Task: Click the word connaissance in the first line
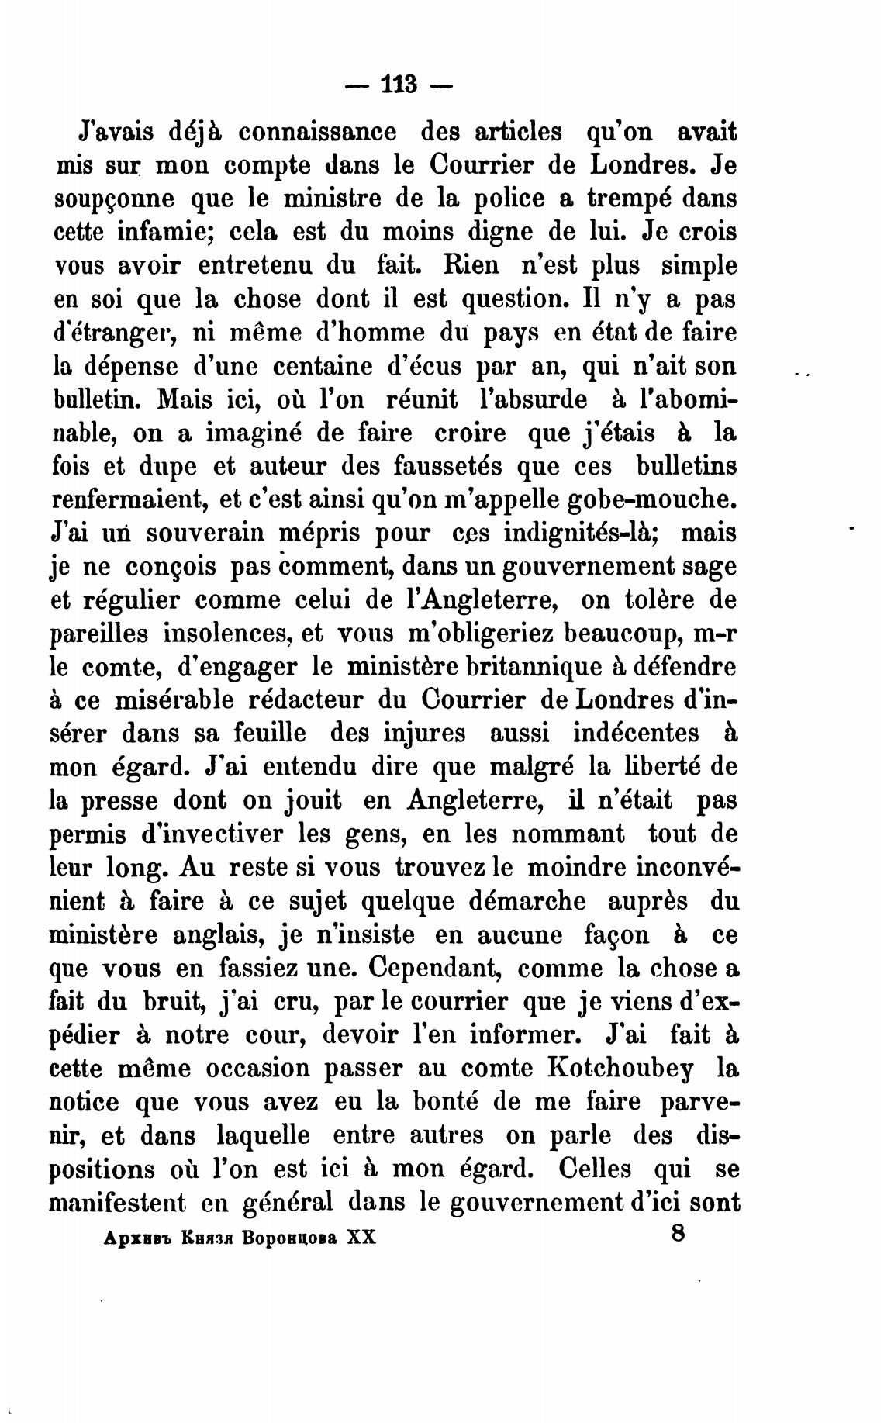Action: coord(317,132)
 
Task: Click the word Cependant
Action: coord(436,968)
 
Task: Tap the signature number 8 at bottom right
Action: coord(678,1235)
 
